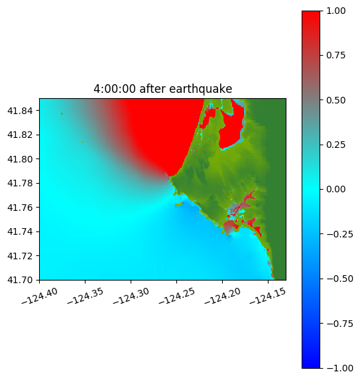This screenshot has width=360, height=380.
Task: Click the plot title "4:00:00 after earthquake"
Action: point(163,89)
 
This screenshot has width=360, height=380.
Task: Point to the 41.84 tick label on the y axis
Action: point(20,111)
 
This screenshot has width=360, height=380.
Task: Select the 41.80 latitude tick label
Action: point(20,159)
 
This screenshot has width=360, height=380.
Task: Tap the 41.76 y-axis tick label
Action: point(20,208)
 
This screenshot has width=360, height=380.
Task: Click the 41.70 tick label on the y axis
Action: point(20,280)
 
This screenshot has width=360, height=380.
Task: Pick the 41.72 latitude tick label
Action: point(20,256)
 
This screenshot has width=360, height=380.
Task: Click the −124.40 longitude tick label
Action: point(40,296)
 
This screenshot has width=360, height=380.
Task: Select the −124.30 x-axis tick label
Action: point(131,296)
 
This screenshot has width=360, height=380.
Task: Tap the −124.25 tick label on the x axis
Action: point(176,296)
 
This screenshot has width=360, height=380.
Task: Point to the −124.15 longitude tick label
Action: point(268,296)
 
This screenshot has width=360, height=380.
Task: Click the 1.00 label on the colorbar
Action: point(335,11)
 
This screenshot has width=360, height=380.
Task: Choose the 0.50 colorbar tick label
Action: point(335,100)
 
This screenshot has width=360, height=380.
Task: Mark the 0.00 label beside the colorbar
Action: point(335,189)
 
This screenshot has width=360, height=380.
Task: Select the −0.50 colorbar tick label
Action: point(339,279)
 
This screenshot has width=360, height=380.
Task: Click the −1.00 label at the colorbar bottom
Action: point(339,368)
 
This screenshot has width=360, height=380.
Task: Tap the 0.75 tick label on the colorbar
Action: point(335,56)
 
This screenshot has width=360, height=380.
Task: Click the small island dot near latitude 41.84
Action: point(62,113)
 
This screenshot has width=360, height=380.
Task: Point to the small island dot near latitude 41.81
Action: point(83,143)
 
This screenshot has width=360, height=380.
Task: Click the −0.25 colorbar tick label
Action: point(339,234)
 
